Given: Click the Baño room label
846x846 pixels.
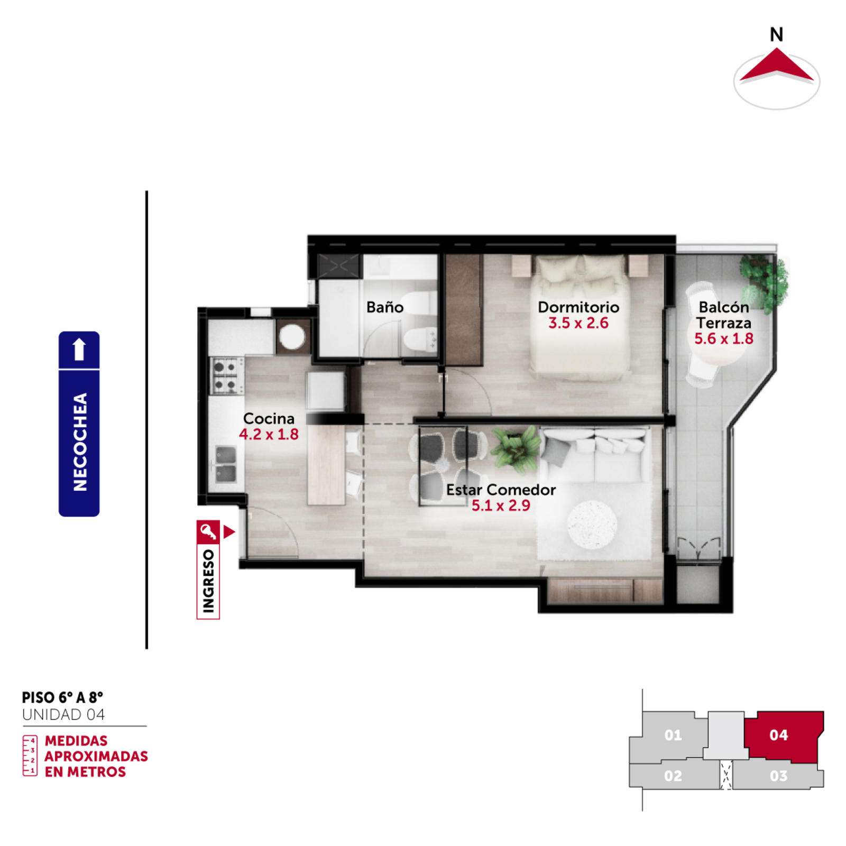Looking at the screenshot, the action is pyautogui.click(x=385, y=307).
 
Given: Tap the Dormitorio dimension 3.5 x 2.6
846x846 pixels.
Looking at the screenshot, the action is pyautogui.click(x=578, y=323).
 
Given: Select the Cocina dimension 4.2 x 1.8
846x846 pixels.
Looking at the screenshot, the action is pyautogui.click(x=269, y=435).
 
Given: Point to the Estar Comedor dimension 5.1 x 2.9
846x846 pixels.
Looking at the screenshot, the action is pyautogui.click(x=501, y=505).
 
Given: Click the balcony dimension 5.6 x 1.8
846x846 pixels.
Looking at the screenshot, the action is pyautogui.click(x=724, y=339).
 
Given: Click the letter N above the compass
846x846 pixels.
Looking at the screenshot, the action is pyautogui.click(x=776, y=35).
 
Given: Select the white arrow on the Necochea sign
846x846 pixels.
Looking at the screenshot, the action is pyautogui.click(x=79, y=349).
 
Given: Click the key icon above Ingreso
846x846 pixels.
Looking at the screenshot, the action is pyautogui.click(x=208, y=532).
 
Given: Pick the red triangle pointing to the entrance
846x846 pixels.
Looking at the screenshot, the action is pyautogui.click(x=228, y=532).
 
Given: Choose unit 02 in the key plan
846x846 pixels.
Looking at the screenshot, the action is pyautogui.click(x=674, y=776).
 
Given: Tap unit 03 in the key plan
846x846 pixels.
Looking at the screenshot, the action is pyautogui.click(x=778, y=776).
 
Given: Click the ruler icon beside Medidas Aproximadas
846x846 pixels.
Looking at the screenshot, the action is pyautogui.click(x=30, y=756).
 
